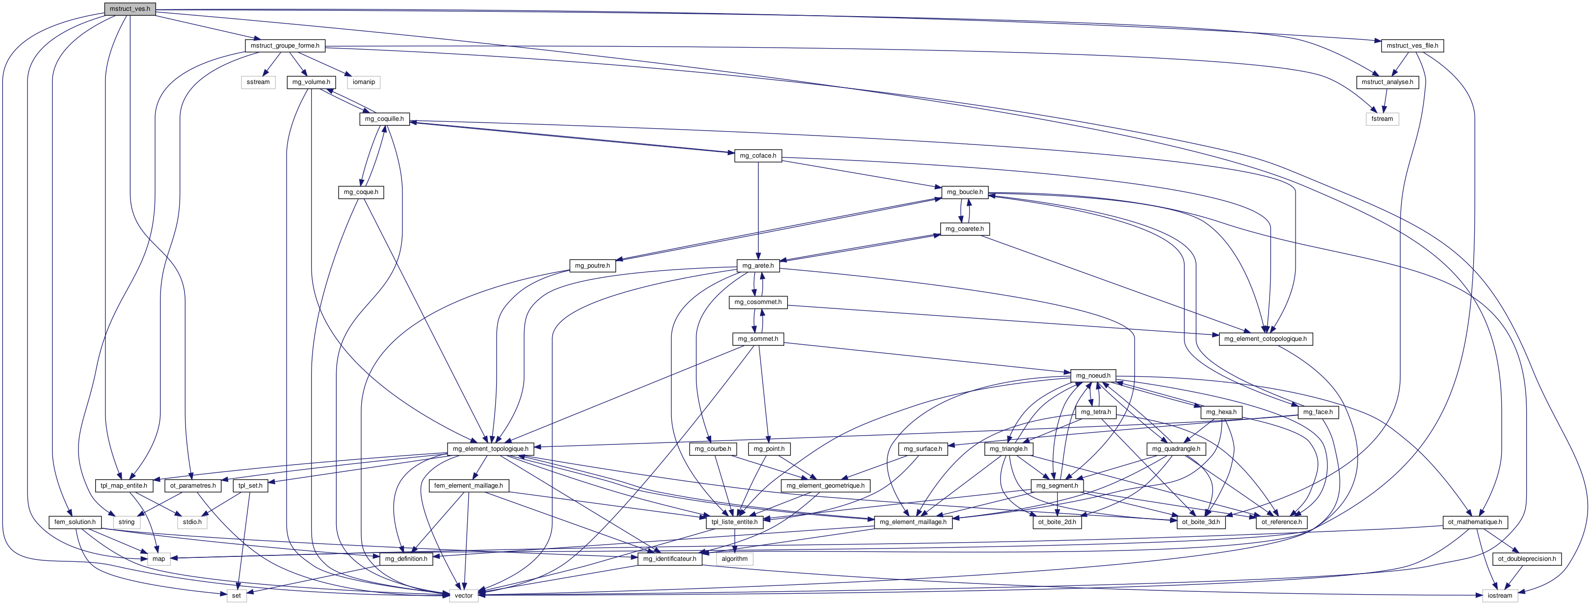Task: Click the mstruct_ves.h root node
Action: [129, 9]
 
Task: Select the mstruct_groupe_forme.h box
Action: [285, 46]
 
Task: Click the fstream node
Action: [1382, 119]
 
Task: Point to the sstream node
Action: [258, 82]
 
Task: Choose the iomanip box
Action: [363, 82]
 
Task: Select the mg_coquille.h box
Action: [384, 119]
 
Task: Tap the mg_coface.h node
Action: [758, 156]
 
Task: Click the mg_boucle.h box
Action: [965, 192]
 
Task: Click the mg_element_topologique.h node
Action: [490, 449]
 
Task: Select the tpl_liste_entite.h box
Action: [734, 522]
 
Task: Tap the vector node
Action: [464, 596]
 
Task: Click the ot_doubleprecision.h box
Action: [1527, 559]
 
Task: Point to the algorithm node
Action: [734, 559]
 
